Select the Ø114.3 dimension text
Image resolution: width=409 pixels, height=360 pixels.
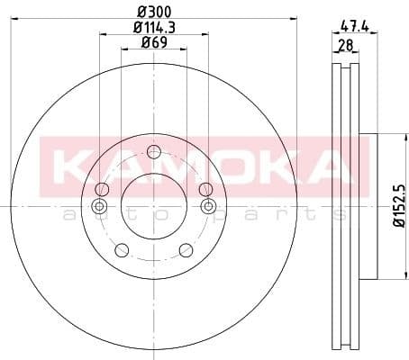[x=153, y=27]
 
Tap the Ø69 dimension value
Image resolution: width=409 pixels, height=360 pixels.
[x=153, y=42]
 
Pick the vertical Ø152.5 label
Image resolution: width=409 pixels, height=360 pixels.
[x=388, y=209]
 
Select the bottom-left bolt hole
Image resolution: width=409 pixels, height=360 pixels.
[x=122, y=250]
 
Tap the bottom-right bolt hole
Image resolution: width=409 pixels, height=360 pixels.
[x=185, y=250]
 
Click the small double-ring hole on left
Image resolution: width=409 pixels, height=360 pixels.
[x=100, y=207]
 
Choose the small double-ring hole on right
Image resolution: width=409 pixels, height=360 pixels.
[x=208, y=207]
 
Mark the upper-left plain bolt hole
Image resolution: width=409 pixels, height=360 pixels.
[x=102, y=189]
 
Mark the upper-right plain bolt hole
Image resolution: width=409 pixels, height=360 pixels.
[x=205, y=189]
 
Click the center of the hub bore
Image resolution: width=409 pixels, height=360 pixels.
[x=153, y=207]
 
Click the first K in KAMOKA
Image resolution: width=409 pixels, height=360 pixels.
[x=74, y=166]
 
